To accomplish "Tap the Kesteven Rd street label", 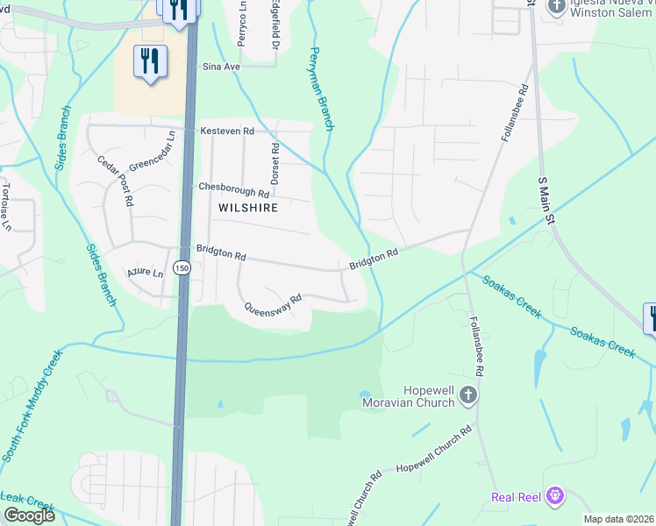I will [227, 131].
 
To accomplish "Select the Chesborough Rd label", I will [233, 188].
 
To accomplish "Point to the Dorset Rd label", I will [275, 162].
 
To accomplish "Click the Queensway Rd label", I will [273, 303].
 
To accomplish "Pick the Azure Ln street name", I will [145, 274].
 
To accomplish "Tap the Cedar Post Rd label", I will [115, 181].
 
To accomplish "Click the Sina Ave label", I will [221, 67].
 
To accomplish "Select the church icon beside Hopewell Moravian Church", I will [468, 395].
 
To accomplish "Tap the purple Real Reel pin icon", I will [554, 497].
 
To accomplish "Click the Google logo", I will [28, 515].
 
